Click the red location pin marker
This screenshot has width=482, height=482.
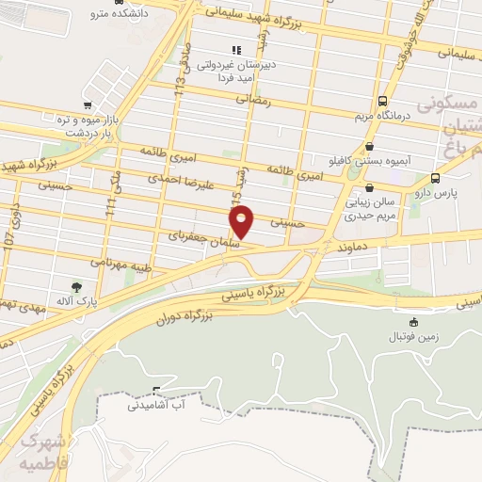(x=242, y=219)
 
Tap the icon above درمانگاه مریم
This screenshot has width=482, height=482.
(x=382, y=101)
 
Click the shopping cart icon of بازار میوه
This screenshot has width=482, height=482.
(x=88, y=105)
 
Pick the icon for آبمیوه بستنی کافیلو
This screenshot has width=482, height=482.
(x=369, y=146)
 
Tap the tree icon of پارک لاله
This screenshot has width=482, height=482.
(x=76, y=285)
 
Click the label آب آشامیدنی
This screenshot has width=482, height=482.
(x=157, y=405)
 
